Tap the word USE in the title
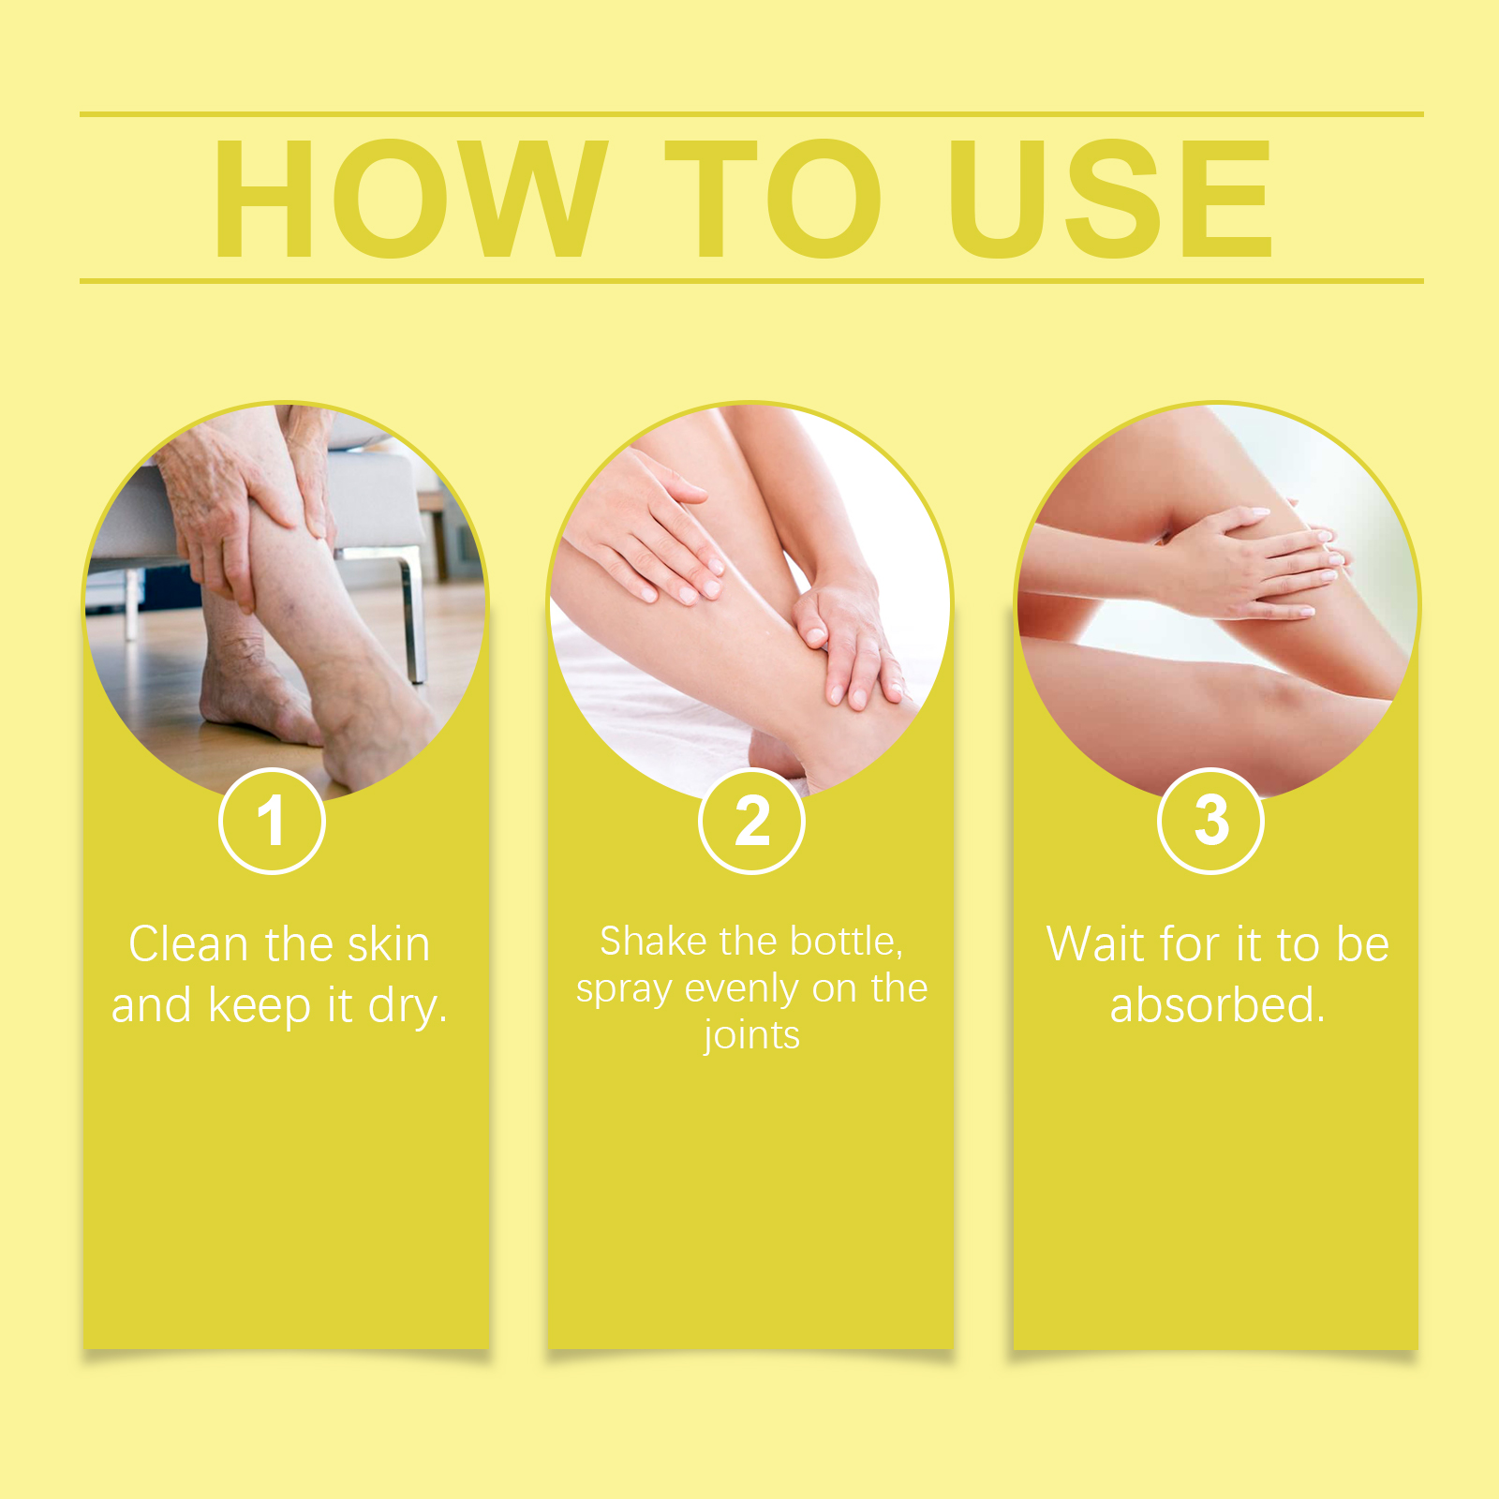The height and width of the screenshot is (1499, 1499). (x=1110, y=199)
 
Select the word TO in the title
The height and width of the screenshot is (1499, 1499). (x=773, y=199)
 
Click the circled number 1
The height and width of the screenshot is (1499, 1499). (x=272, y=821)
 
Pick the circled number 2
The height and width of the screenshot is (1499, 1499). (x=751, y=821)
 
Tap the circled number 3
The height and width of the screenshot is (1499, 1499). (x=1211, y=821)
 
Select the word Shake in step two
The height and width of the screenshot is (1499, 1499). (x=654, y=942)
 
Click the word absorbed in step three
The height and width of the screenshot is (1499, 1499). (x=1217, y=1005)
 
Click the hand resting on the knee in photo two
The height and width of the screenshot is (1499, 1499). (x=646, y=525)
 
